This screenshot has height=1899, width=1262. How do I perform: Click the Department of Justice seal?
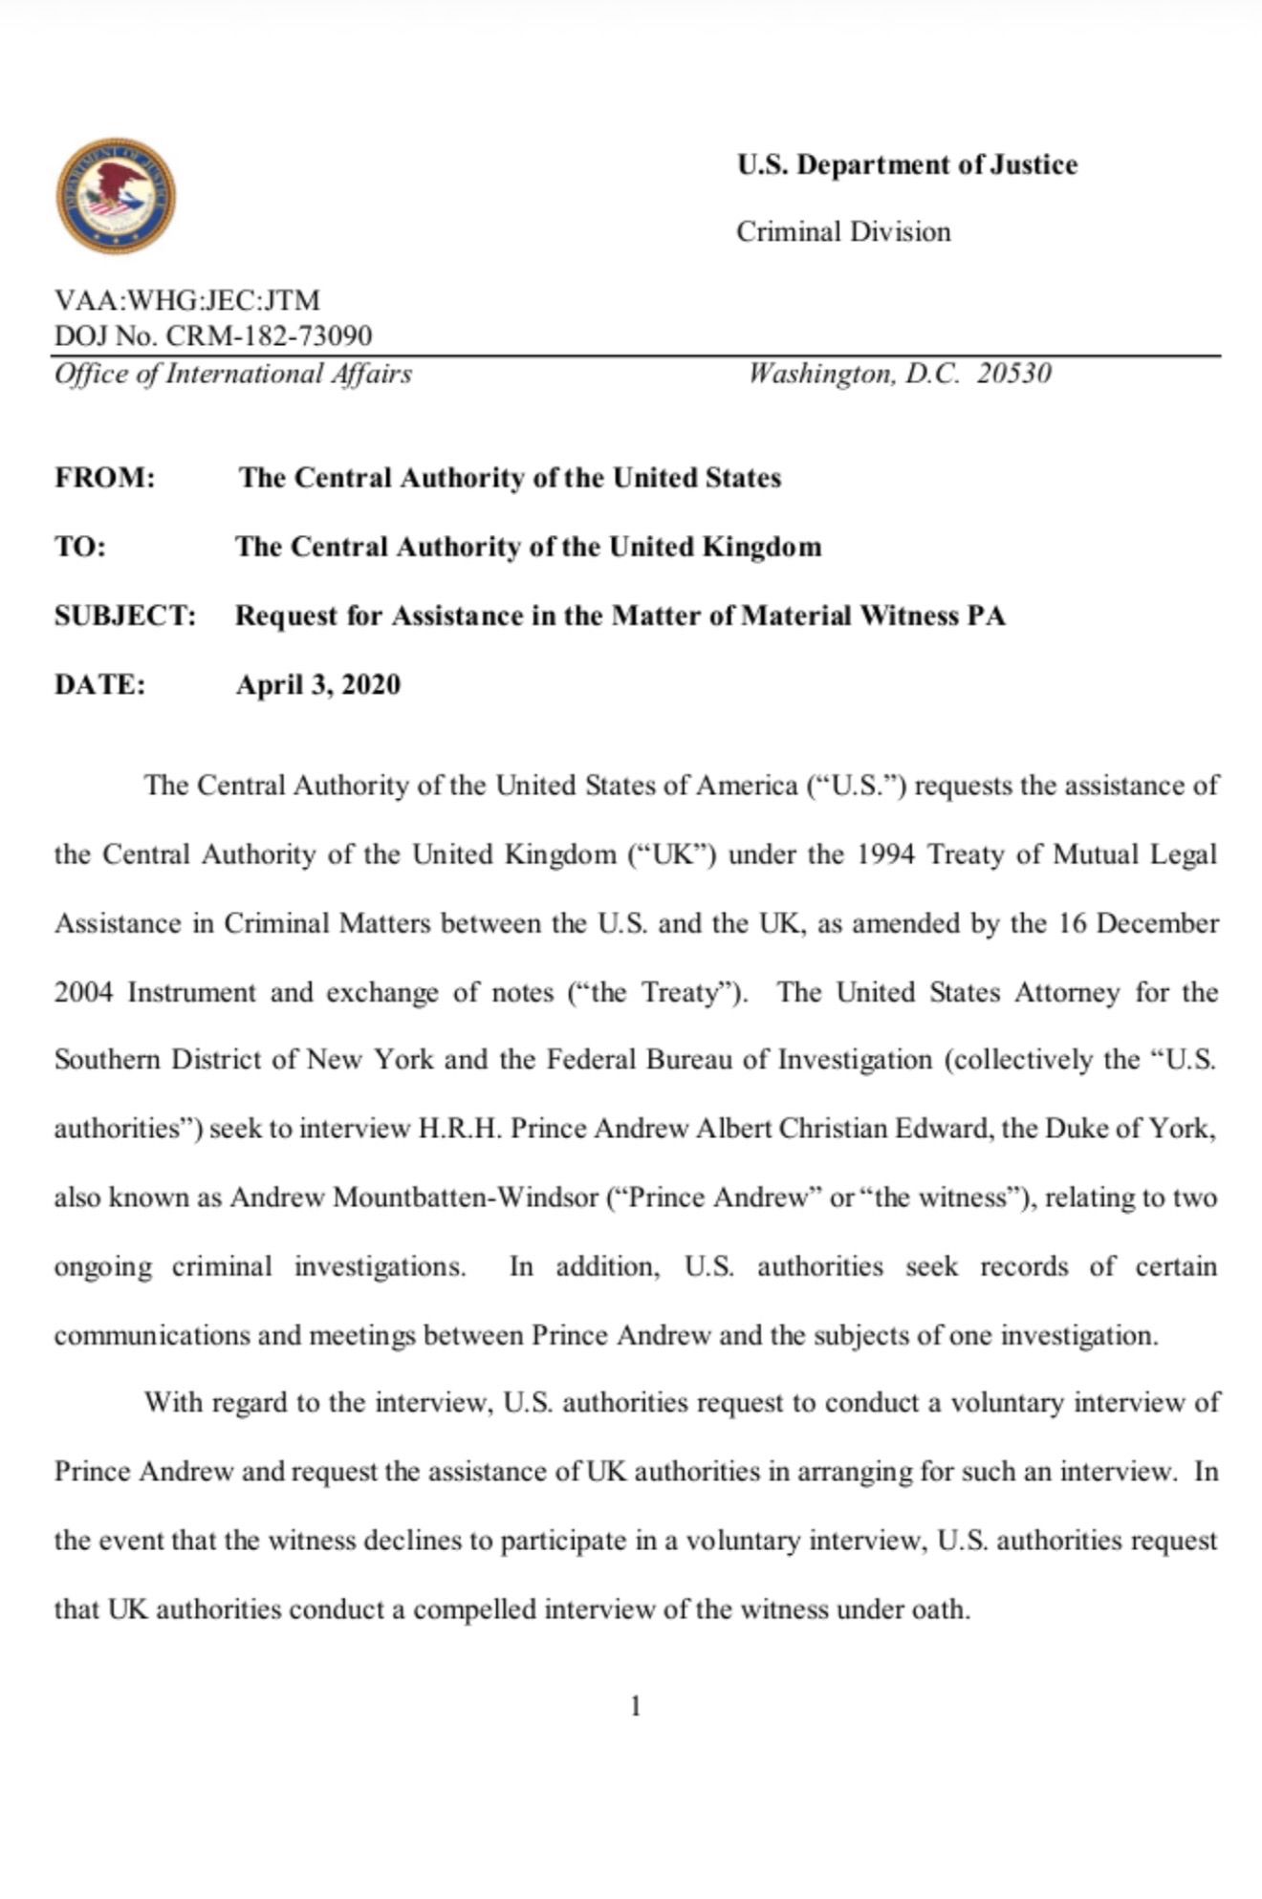click(x=116, y=196)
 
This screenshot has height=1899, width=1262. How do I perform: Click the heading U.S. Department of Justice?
click(x=906, y=165)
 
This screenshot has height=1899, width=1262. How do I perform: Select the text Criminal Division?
click(x=843, y=232)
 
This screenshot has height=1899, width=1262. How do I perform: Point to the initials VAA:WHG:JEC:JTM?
click(x=187, y=300)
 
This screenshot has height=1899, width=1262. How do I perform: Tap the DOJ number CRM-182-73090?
click(x=269, y=336)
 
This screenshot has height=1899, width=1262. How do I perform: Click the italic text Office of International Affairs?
click(x=233, y=374)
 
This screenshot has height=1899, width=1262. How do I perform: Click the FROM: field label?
click(x=105, y=478)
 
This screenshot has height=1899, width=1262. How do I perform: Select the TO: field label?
click(x=80, y=547)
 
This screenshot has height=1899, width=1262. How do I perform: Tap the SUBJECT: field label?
click(x=125, y=615)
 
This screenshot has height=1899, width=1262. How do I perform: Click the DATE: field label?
click(x=100, y=684)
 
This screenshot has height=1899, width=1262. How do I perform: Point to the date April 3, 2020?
click(x=318, y=684)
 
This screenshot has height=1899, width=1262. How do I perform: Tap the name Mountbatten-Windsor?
click(x=465, y=1198)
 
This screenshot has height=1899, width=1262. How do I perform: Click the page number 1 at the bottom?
click(x=636, y=1706)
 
